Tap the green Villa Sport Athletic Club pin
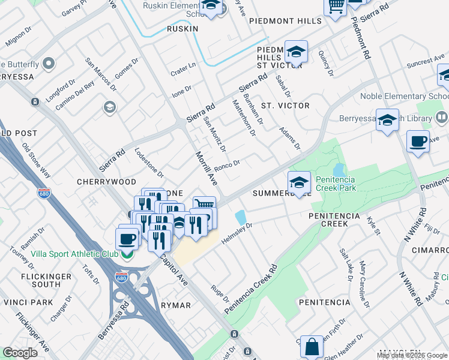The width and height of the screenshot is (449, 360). [126, 254]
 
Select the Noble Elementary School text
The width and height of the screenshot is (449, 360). [403, 97]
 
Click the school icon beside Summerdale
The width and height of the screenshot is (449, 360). [299, 183]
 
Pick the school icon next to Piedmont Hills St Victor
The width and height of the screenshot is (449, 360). [296, 52]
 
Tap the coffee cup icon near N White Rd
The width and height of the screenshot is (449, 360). [418, 142]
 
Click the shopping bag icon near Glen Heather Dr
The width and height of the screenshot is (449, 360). [312, 347]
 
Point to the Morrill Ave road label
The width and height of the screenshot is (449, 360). [205, 167]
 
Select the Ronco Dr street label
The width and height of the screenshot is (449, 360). [227, 164]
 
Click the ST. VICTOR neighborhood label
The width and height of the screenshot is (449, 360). [285, 106]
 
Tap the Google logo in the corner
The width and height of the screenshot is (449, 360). [20, 353]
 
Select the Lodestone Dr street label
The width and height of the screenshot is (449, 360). [149, 163]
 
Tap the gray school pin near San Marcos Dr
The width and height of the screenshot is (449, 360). [109, 107]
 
